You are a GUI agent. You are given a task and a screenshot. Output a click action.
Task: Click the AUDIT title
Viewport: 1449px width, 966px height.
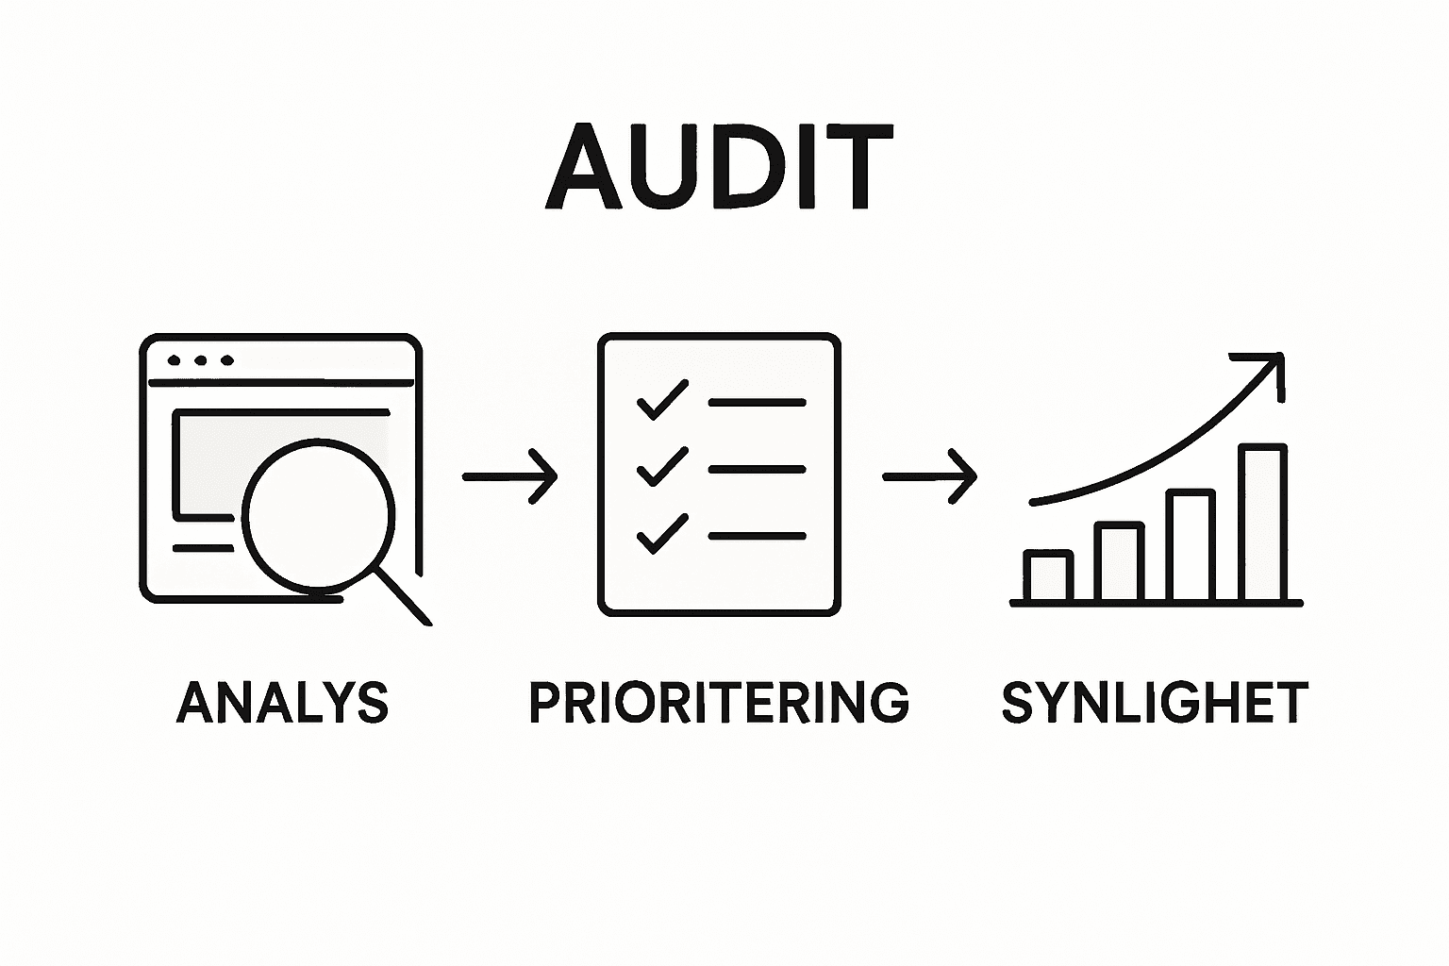tap(720, 166)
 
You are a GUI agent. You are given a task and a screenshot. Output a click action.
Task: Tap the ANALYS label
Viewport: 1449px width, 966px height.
tap(283, 702)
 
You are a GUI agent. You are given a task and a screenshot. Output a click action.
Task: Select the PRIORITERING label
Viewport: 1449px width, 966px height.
tap(720, 702)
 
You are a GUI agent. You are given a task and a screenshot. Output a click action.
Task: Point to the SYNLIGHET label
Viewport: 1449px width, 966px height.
tap(1155, 702)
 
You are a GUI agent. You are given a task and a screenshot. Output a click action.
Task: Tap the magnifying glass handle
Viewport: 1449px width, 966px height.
tap(403, 596)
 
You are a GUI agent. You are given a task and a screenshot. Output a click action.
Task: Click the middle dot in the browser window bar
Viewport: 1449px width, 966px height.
tap(201, 360)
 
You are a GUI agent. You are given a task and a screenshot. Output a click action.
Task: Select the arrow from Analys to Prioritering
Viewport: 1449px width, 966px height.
tap(509, 476)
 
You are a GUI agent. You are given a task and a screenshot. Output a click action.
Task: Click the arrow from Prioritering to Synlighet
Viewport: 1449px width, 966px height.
tap(930, 476)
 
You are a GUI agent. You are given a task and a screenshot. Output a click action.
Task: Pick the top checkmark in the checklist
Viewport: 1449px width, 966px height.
tap(662, 400)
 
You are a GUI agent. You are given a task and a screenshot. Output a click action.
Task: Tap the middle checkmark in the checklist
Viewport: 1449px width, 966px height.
tap(662, 466)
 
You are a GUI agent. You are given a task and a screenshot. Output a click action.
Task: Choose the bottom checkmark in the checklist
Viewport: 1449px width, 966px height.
tap(662, 534)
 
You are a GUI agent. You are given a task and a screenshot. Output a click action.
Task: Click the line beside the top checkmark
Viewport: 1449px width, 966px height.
tap(758, 403)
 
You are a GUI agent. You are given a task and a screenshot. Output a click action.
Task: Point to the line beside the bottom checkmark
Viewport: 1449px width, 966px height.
tap(758, 536)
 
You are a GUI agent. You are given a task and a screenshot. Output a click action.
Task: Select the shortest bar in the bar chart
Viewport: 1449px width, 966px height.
tap(1049, 575)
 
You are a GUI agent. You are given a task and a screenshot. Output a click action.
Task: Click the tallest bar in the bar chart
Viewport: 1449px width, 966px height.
tap(1263, 522)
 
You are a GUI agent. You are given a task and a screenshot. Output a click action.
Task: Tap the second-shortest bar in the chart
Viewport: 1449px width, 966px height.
tap(1120, 561)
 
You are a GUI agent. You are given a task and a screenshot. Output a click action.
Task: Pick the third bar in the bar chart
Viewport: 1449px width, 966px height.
tap(1191, 545)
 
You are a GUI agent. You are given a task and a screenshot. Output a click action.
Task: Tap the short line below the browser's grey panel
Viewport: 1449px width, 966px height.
tap(203, 548)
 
